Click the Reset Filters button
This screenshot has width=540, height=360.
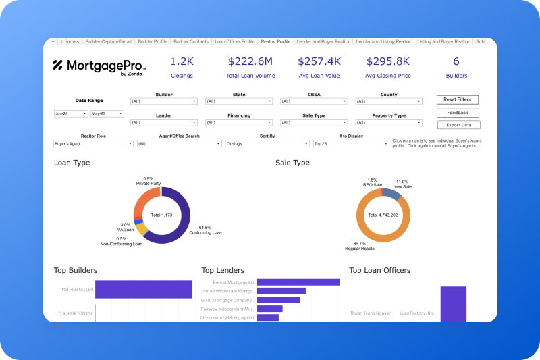coord(457,99)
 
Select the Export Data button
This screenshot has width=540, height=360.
coord(458,125)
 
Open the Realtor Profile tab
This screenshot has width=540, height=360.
coord(275,42)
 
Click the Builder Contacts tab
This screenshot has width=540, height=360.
coord(191,42)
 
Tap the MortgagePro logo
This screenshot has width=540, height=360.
coord(99,66)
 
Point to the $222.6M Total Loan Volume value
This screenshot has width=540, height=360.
coord(250,61)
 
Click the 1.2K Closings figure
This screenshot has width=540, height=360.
coord(182,61)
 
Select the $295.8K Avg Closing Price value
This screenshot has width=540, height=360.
coord(387,61)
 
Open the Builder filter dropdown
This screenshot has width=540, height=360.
coord(164,101)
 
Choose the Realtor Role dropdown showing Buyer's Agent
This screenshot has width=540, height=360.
coord(93,144)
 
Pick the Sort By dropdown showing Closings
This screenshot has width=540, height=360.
coord(267,144)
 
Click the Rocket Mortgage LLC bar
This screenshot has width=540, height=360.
coord(298,282)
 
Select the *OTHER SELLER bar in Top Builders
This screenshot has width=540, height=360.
coord(144,290)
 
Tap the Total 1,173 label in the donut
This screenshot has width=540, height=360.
coord(161,214)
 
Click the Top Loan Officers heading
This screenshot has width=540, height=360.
coord(379,270)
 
